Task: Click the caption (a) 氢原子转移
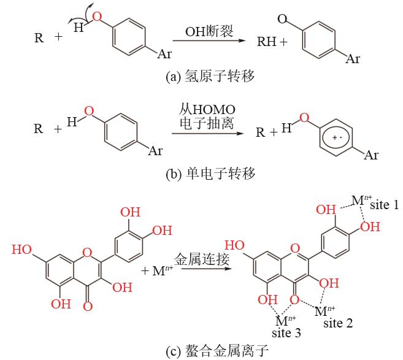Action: [210, 76]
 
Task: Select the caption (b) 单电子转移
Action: [210, 174]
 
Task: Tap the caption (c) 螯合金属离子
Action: [217, 351]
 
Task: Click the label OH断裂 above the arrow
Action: [209, 31]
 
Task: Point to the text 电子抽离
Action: [207, 124]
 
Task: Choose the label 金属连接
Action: [202, 259]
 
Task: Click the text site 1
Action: [384, 205]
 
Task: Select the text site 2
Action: [338, 323]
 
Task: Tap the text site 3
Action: [286, 333]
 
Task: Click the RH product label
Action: [267, 41]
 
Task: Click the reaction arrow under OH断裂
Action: [209, 40]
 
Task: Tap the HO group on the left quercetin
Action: [22, 250]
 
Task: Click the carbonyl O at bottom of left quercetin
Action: [88, 306]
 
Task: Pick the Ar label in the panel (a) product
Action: [353, 59]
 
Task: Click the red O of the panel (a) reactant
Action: [97, 17]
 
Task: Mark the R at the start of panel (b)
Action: [39, 128]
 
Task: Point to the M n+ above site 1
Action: [361, 200]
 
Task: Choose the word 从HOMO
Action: [207, 110]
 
